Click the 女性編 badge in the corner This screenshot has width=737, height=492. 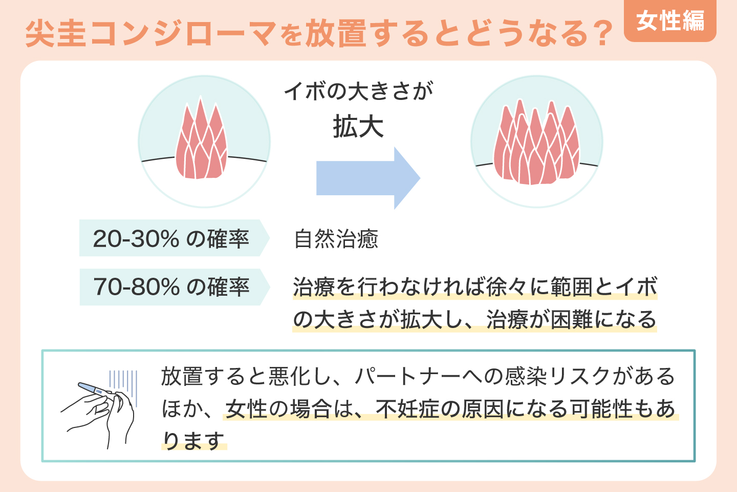(x=670, y=22)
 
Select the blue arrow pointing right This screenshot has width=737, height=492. (x=368, y=178)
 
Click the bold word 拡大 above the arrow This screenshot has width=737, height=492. (x=358, y=127)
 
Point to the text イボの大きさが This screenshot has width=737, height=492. (x=358, y=91)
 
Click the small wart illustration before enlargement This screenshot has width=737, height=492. (x=201, y=142)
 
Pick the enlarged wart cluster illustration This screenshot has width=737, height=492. (x=536, y=145)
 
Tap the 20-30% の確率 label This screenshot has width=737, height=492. (x=171, y=238)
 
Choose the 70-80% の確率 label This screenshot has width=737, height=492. (x=171, y=286)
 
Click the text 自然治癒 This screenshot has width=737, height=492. (x=336, y=239)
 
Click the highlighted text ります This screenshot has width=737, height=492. (x=194, y=441)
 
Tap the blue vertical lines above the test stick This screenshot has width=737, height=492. (x=123, y=381)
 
